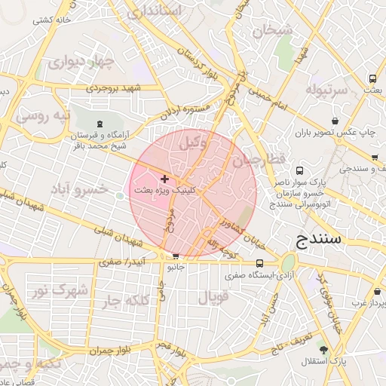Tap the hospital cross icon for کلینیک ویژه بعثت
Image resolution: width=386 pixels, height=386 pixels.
tap(165, 179)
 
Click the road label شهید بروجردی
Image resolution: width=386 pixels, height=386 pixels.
tap(113, 88)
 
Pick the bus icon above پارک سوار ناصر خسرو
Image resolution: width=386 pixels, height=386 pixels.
tap(299, 170)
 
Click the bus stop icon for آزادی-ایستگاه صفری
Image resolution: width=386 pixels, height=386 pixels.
tap(260, 264)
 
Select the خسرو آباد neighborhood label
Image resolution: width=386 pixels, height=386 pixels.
tap(78, 188)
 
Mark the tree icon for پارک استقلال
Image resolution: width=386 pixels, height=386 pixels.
tap(324, 350)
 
